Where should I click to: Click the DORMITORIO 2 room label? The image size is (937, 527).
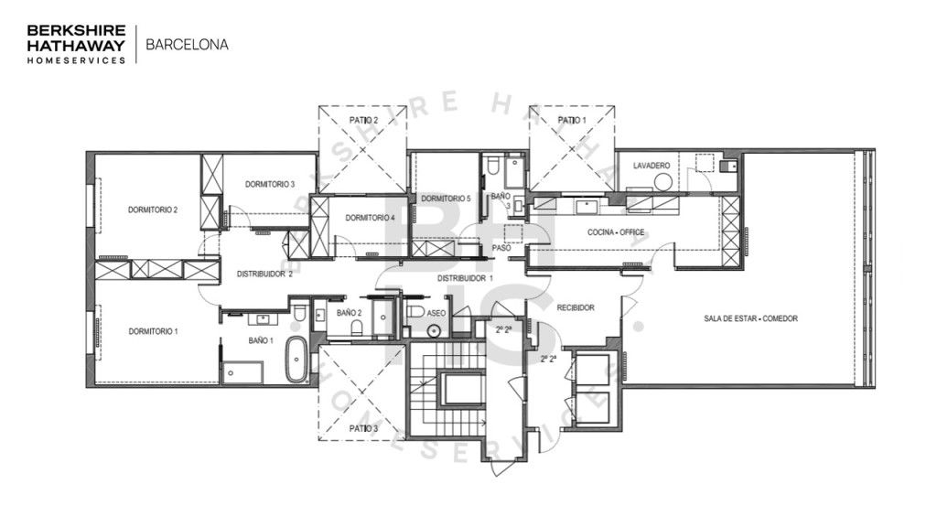[x=153, y=210]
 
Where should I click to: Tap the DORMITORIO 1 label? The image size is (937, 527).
[x=153, y=330]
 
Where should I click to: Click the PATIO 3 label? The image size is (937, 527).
[x=363, y=427]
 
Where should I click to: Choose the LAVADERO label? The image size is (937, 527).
[x=651, y=165]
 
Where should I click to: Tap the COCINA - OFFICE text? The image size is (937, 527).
[x=615, y=232]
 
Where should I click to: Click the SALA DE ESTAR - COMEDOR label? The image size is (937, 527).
[x=750, y=318]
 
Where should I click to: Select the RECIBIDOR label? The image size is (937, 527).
[x=576, y=307]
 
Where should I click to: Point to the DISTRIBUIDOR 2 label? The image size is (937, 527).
[x=264, y=273]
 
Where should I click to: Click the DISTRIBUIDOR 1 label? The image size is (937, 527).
[x=464, y=277]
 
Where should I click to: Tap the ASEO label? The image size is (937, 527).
[x=436, y=313]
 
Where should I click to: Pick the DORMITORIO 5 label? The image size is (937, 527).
[x=446, y=199]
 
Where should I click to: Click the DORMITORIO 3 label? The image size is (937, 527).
[x=269, y=184]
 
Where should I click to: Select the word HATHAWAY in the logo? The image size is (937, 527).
[x=75, y=43]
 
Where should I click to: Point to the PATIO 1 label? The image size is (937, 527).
[x=571, y=120]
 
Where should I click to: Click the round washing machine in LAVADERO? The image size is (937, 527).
[x=662, y=181]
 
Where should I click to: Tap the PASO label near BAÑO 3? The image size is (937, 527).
[x=501, y=247]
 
